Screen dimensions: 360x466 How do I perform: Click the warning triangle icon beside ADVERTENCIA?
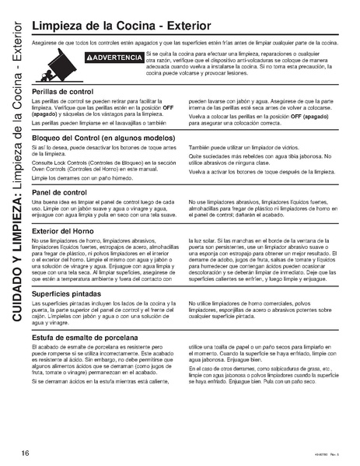click(x=90, y=58)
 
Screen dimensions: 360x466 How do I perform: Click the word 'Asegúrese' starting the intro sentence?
click(x=44, y=42)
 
